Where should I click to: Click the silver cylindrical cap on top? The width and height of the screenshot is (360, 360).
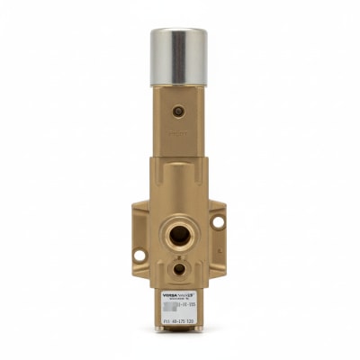click(180, 57)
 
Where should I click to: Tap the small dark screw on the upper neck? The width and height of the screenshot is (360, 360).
click(180, 112)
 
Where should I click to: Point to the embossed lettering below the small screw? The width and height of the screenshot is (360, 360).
click(180, 131)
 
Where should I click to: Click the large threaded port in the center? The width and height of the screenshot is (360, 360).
click(180, 235)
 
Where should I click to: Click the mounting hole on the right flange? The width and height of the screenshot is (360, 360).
click(218, 221)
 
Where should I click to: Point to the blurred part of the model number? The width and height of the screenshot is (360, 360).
click(172, 306)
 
